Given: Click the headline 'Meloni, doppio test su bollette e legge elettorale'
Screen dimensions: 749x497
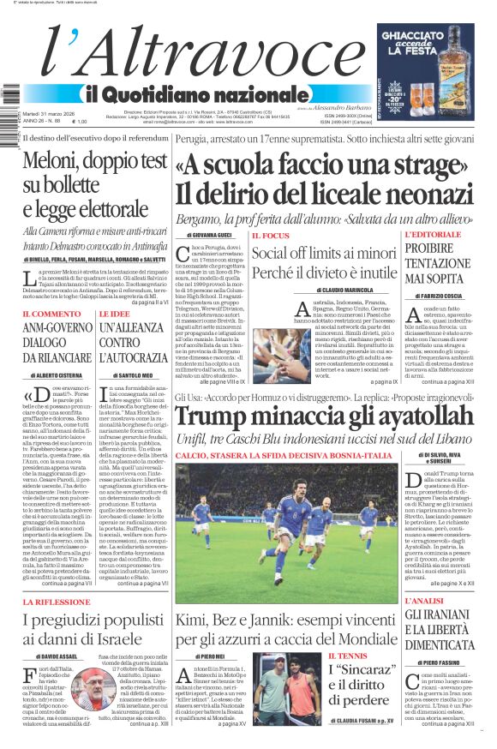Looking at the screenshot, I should tap(94, 184).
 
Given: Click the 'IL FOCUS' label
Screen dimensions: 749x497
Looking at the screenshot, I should tap(270, 235).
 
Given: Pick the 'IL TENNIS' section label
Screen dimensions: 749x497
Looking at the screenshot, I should tap(348, 656).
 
